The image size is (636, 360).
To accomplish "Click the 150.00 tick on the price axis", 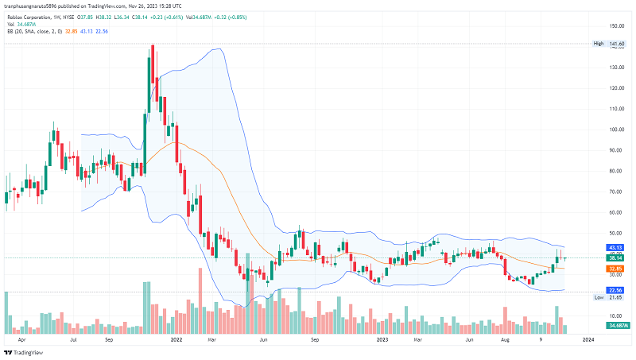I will (x=615, y=26).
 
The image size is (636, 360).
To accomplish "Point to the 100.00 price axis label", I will (x=615, y=130).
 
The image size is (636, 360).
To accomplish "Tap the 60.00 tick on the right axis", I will (x=615, y=212).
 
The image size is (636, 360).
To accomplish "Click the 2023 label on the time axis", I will (x=382, y=339).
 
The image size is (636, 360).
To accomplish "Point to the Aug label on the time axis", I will (x=505, y=339).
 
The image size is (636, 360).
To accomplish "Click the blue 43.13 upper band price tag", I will (x=615, y=247).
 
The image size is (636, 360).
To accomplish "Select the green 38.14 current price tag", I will (x=615, y=257).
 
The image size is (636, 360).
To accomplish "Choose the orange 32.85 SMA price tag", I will (x=615, y=269).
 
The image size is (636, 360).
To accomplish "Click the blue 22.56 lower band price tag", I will (x=615, y=290).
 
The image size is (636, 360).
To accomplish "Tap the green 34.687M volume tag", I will (x=616, y=326).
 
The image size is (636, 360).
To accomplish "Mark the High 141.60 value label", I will (x=610, y=44).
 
